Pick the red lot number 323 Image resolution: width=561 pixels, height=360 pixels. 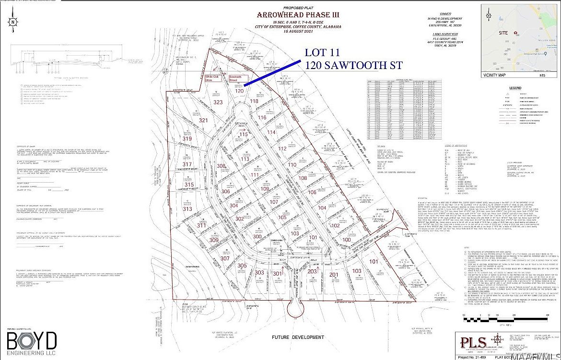coord(218,102)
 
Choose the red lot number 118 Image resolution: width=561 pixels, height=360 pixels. coord(254,101)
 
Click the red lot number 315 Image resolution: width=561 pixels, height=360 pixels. coord(189,185)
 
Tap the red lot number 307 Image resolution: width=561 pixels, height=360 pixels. coord(225,258)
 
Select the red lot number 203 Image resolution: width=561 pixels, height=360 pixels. coord(313,272)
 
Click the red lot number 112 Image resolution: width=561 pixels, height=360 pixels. coord(281,149)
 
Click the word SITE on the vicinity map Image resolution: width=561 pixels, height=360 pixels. coord(504,33)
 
